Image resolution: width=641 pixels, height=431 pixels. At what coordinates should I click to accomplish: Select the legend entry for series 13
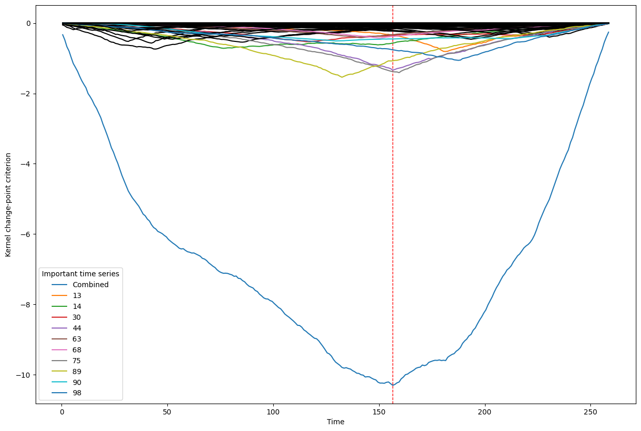pos(77,295)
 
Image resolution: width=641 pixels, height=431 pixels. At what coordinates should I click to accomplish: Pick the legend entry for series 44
pos(77,328)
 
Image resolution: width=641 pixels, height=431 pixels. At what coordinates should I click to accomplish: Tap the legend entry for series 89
pos(77,371)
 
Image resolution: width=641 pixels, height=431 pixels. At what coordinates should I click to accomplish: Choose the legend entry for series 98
pos(77,393)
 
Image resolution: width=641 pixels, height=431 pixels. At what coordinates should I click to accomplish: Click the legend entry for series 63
pos(77,339)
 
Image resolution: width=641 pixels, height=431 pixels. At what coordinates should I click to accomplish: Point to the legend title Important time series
pos(81,274)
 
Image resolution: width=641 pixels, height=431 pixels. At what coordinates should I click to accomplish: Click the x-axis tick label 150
pos(379,411)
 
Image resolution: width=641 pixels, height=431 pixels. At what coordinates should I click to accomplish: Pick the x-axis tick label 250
pos(591,411)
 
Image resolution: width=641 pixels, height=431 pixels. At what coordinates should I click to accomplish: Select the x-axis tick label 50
pos(167,411)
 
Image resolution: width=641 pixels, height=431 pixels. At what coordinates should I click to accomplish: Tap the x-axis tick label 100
pos(273,411)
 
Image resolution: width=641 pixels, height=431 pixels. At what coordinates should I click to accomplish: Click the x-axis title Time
pos(336,422)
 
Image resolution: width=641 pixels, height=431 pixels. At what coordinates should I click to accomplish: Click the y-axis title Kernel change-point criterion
pos(8,204)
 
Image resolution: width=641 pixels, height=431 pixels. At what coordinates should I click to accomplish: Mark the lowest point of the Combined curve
pos(393,385)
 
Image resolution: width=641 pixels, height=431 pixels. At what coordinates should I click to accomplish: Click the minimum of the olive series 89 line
pos(341,77)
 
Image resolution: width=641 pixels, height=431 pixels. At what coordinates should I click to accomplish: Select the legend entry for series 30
pos(77,317)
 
